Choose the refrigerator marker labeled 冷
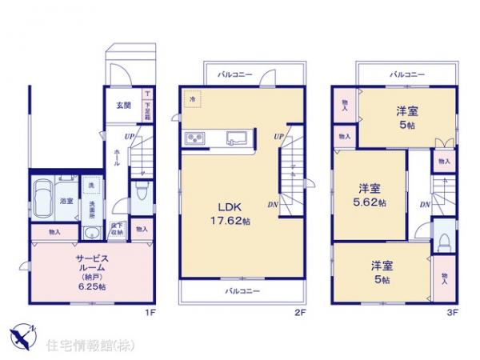click(x=192, y=98)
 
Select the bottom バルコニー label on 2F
click(x=241, y=291)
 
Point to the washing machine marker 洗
click(x=90, y=186)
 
